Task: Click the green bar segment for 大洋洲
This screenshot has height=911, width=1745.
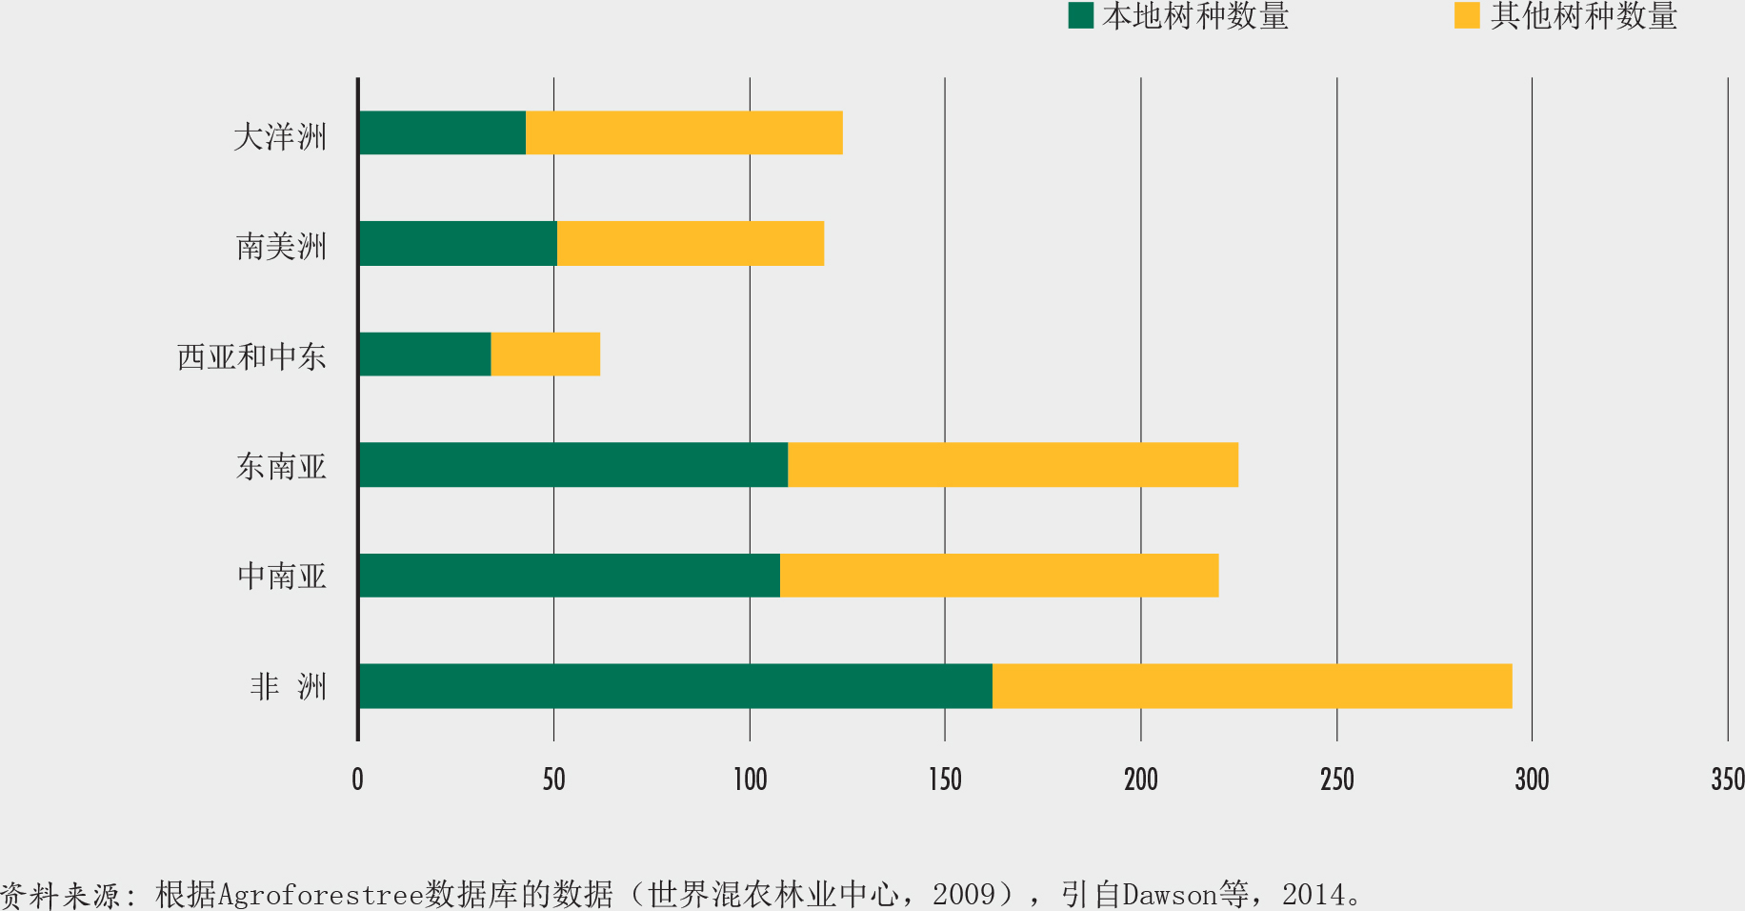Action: (443, 132)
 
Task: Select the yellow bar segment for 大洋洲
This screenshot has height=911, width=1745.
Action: (684, 132)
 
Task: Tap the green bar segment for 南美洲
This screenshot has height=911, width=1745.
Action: (458, 243)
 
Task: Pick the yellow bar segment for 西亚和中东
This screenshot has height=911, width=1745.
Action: (546, 354)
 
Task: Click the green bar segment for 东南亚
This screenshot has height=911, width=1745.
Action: (573, 465)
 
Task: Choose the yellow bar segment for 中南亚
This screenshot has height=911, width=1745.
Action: (999, 576)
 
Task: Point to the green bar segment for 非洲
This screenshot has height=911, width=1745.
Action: (675, 686)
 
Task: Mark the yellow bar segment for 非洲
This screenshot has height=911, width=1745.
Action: (1252, 686)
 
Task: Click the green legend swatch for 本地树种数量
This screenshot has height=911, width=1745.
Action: (1080, 15)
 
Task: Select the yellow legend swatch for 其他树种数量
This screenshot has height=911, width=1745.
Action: (1467, 15)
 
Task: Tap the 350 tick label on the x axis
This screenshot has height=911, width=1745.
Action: (1728, 779)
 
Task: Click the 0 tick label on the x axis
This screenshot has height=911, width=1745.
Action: (357, 779)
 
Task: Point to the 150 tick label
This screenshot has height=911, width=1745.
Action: (945, 779)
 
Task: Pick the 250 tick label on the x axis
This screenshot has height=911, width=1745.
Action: (1336, 779)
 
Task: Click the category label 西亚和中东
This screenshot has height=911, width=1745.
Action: (251, 356)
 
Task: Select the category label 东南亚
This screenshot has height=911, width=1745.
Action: (281, 466)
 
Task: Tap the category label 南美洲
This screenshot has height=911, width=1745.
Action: (281, 247)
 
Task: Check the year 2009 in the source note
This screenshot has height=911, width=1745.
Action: (964, 895)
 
